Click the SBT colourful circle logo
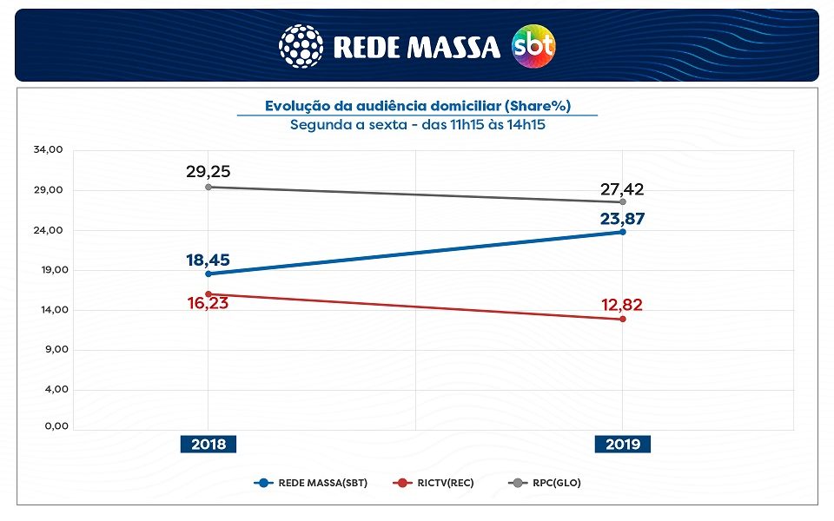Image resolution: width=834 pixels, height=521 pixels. click(533, 46)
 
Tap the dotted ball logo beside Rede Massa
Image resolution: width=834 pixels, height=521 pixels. click(301, 46)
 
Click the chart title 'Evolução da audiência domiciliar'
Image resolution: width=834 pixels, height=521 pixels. click(417, 106)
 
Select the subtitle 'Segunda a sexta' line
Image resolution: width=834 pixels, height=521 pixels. click(417, 124)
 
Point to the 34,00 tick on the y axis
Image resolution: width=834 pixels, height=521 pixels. click(49, 149)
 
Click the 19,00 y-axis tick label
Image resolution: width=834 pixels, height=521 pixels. click(49, 269)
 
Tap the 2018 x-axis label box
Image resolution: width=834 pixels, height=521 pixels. click(208, 444)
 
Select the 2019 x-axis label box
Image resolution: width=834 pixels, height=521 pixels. click(623, 444)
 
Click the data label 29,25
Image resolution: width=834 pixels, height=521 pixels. click(208, 171)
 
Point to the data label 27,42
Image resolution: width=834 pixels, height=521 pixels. click(622, 189)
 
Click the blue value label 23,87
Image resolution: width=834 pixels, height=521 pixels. click(622, 219)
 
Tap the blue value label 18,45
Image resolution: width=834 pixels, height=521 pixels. click(208, 260)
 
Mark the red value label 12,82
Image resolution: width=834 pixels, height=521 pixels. click(622, 305)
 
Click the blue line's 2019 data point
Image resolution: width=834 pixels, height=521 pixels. click(623, 232)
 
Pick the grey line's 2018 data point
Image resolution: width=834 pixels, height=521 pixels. click(208, 187)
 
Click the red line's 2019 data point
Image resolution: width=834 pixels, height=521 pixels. click(623, 320)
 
